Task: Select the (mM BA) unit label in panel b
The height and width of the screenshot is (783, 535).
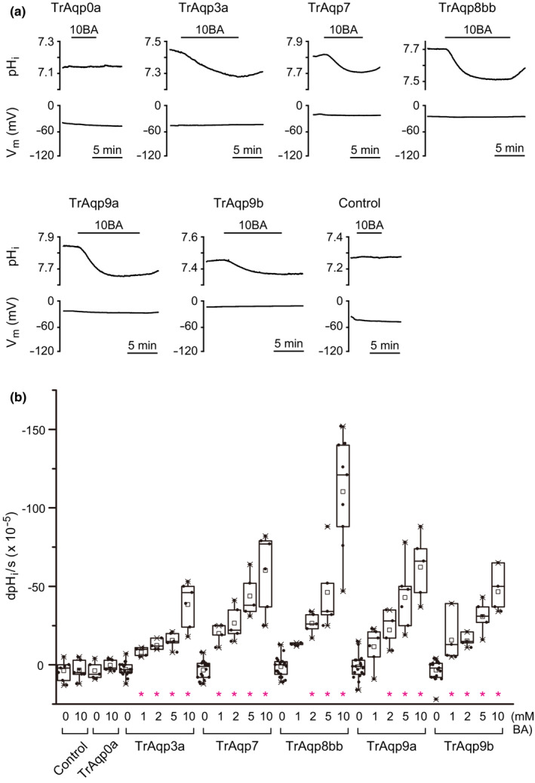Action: [519, 720]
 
